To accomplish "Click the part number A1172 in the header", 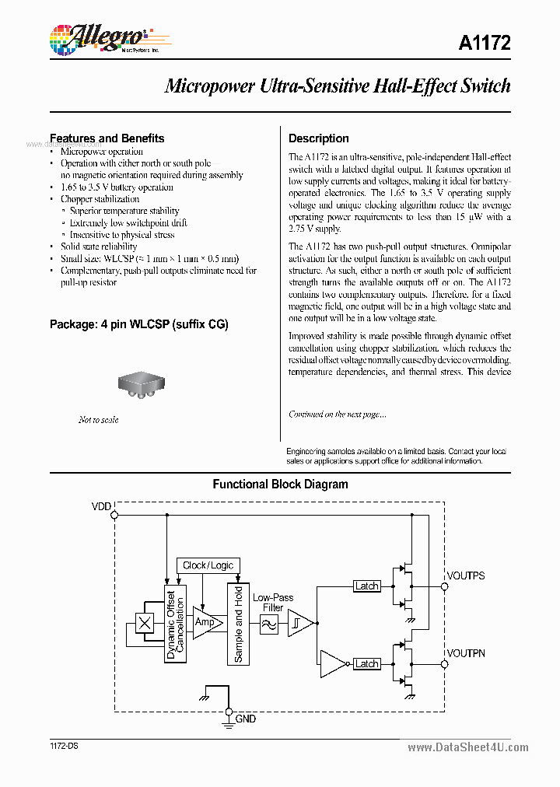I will click(x=486, y=44).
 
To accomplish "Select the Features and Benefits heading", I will click(x=107, y=138).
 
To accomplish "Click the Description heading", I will click(x=318, y=138).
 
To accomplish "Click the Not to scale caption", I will click(x=99, y=420).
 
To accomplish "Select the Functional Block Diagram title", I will click(x=280, y=484).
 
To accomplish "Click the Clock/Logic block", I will click(x=208, y=565).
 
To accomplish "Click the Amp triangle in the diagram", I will click(x=205, y=623).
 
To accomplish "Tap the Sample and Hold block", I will click(x=238, y=623).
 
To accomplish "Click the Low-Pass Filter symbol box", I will click(x=269, y=624).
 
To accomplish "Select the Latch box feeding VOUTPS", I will click(x=366, y=586).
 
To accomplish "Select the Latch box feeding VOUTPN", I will click(x=366, y=663).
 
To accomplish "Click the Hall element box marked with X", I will click(x=145, y=623).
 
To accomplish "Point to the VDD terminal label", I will click(x=102, y=507).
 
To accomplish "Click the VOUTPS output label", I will click(x=465, y=575).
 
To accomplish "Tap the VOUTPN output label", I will click(x=466, y=653).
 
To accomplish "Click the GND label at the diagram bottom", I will click(x=246, y=719).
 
